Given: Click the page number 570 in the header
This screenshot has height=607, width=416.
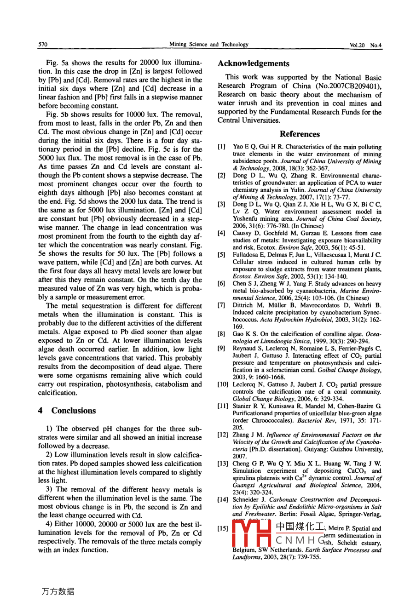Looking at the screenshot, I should (43, 45).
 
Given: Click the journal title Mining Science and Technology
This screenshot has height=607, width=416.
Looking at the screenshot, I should (208, 45).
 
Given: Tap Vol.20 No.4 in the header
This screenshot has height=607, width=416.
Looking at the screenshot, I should (366, 45).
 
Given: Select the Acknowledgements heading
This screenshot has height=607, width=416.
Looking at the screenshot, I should (254, 63).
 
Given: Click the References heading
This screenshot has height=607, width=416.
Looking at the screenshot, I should (300, 134).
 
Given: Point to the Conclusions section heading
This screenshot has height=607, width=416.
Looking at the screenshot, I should (74, 411).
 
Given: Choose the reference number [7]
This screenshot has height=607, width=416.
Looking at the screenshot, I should (221, 305).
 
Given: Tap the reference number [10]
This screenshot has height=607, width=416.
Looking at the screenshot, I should (223, 384).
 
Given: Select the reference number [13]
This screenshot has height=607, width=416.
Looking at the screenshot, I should (223, 464).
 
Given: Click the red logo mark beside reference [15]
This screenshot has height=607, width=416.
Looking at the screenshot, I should (251, 533).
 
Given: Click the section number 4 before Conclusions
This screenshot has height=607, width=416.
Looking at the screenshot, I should (40, 411).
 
